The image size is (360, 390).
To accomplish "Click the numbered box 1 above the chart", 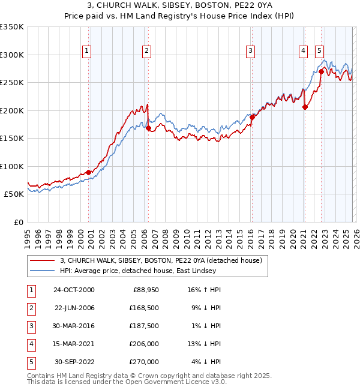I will [x=88, y=52].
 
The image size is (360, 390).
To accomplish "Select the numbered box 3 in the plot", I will [x=250, y=52].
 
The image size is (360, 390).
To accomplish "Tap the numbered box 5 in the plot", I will [x=319, y=52].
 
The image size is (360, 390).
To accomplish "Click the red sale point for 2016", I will [x=252, y=118].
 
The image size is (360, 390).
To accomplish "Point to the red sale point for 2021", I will [x=305, y=107].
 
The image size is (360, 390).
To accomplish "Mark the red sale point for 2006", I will [x=148, y=128].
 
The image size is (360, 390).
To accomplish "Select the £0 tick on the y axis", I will [x=18, y=222].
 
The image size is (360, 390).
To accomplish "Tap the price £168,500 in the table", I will [x=144, y=308].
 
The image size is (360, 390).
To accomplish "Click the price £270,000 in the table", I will [x=144, y=362].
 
